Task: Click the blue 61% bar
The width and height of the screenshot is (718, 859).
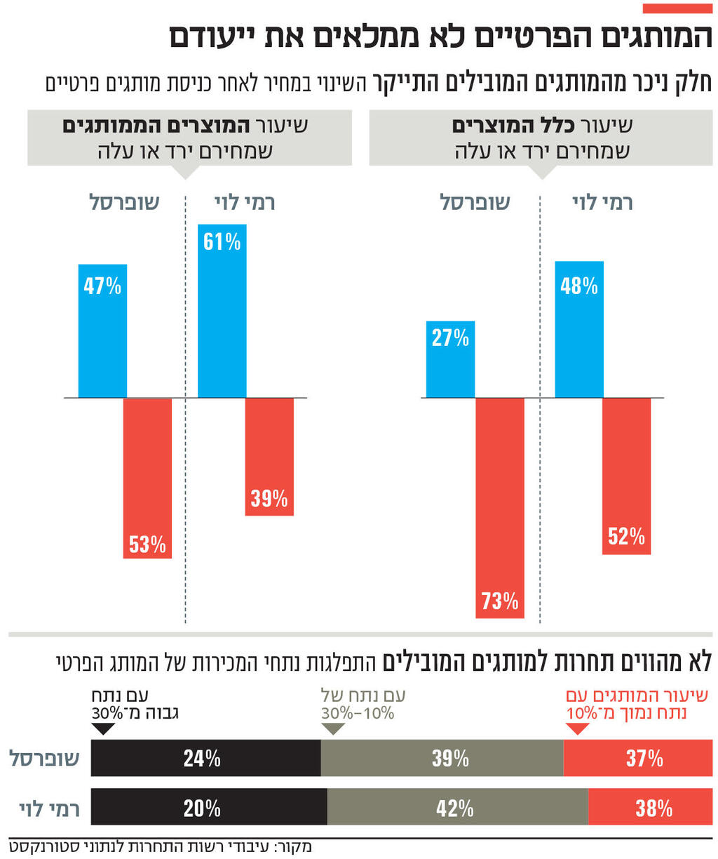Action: [222, 311]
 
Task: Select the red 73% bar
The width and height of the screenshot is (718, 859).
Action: [500, 508]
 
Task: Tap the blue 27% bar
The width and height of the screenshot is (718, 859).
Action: [450, 359]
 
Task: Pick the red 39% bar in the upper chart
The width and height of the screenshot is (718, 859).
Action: [269, 457]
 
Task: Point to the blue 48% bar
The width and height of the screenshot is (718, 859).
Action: [579, 329]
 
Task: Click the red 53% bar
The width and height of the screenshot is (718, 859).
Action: [147, 478]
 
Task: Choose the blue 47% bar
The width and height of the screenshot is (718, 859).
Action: [102, 331]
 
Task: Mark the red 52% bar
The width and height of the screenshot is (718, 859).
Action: [626, 476]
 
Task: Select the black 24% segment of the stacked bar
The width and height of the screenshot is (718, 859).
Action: [205, 758]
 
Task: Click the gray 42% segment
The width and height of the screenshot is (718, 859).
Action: [457, 808]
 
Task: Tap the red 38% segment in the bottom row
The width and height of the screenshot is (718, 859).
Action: [650, 808]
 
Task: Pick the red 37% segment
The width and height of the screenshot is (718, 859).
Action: [638, 758]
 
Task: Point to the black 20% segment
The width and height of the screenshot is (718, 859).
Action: [209, 808]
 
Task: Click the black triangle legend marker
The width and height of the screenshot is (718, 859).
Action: [103, 728]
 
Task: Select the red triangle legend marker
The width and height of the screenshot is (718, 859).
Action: [576, 728]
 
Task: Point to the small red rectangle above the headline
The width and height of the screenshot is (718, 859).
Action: [677, 8]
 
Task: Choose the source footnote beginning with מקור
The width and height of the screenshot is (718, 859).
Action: [161, 846]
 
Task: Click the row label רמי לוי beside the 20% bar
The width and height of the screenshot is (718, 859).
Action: [49, 808]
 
